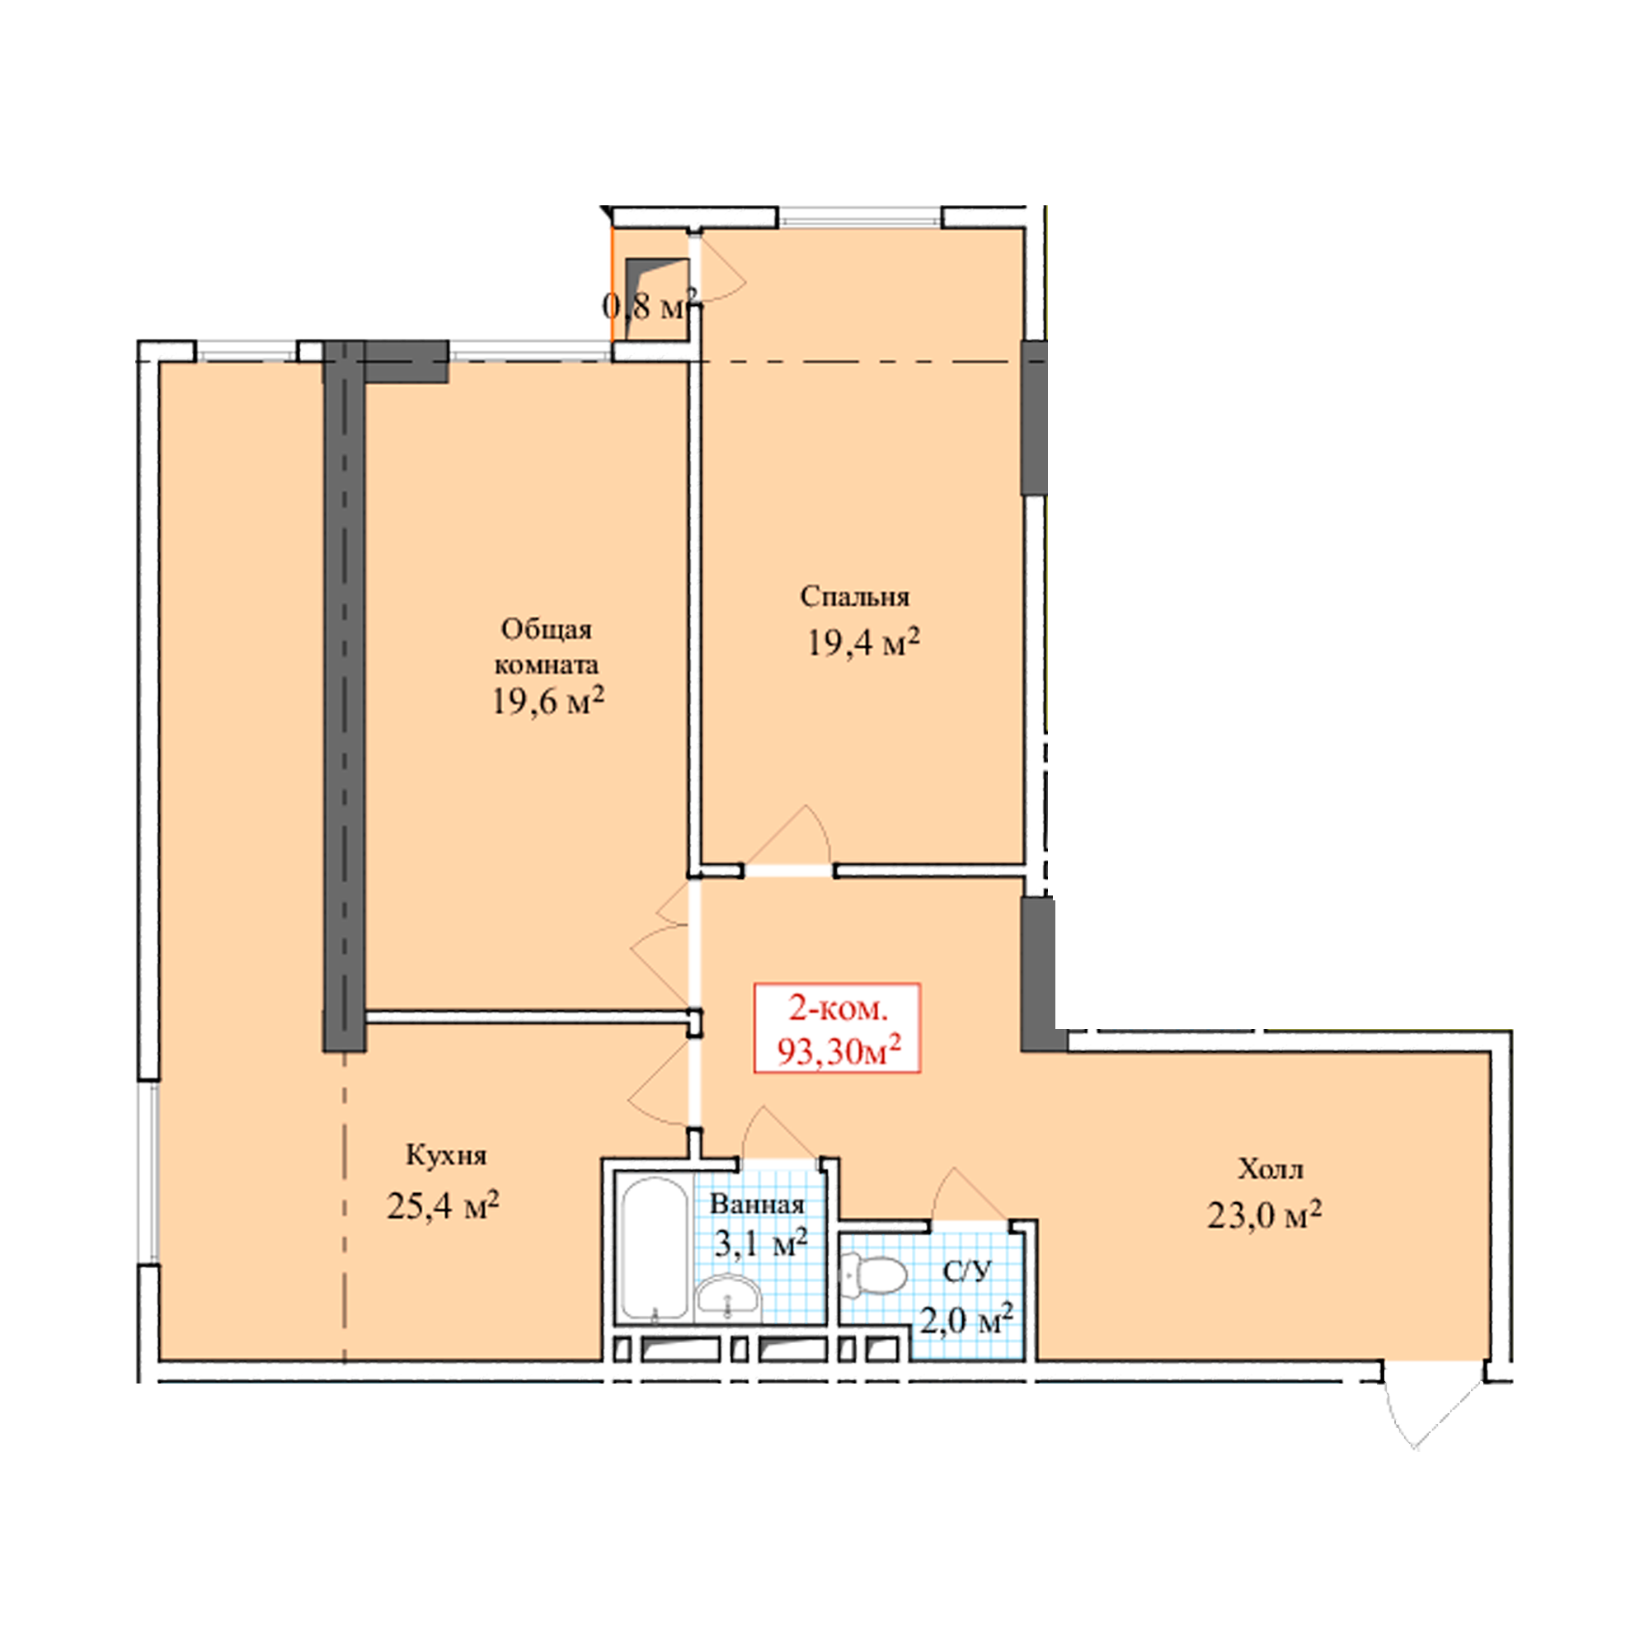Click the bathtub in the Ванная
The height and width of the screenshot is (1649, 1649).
pyautogui.click(x=655, y=1251)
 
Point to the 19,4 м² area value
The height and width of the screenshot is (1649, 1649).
pyautogui.click(x=863, y=641)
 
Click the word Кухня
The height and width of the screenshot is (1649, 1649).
pyautogui.click(x=445, y=1156)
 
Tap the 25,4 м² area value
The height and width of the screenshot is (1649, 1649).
pyautogui.click(x=442, y=1205)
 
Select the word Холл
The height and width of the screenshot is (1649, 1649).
pyautogui.click(x=1270, y=1168)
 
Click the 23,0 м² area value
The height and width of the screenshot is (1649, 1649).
pyautogui.click(x=1264, y=1214)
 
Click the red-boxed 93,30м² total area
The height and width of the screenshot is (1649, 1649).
pyautogui.click(x=839, y=1051)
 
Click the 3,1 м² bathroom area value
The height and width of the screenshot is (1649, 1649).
pyautogui.click(x=759, y=1243)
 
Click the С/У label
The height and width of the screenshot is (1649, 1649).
pyautogui.click(x=967, y=1271)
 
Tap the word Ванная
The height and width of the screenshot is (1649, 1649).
pyautogui.click(x=757, y=1205)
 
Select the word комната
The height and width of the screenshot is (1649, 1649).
pyautogui.click(x=547, y=663)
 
